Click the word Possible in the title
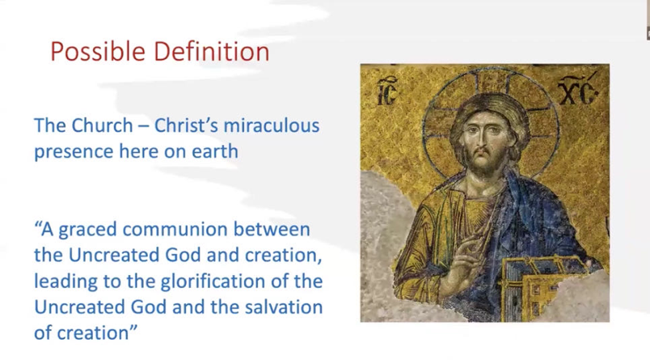[x=98, y=53]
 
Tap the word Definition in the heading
[x=212, y=51]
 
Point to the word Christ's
[x=187, y=125]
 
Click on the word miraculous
[x=272, y=125]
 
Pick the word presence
[x=74, y=152]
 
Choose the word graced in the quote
[x=87, y=230]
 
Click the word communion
[x=175, y=230]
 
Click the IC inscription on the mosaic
[x=387, y=91]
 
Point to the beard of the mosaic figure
[x=486, y=159]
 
